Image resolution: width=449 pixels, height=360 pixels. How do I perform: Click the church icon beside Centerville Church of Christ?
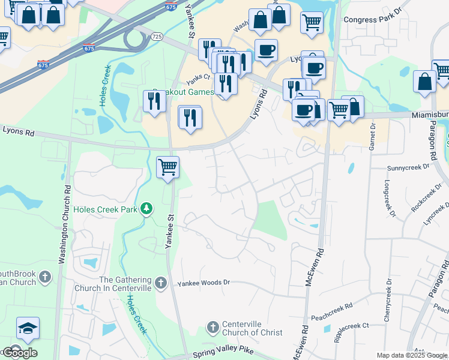pos(212,328)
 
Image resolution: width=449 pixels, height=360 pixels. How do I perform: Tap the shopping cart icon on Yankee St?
pos(168,167)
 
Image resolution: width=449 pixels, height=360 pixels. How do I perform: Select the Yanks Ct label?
pos(198,77)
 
